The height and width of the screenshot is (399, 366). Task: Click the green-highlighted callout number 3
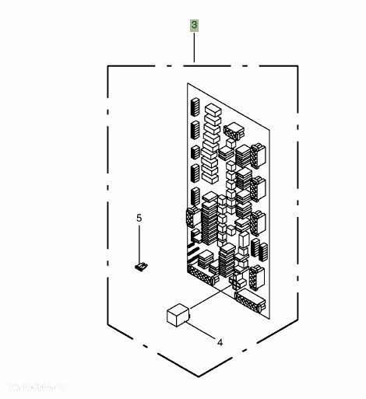194,26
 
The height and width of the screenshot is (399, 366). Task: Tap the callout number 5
140,219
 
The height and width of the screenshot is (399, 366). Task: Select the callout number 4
219,341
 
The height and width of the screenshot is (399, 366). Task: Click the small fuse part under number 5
141,268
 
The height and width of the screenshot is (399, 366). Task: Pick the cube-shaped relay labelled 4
178,314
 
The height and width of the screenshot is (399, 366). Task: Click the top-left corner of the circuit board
188,84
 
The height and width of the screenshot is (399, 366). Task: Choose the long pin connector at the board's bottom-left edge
202,275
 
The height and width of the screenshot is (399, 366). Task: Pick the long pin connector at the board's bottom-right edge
250,303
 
